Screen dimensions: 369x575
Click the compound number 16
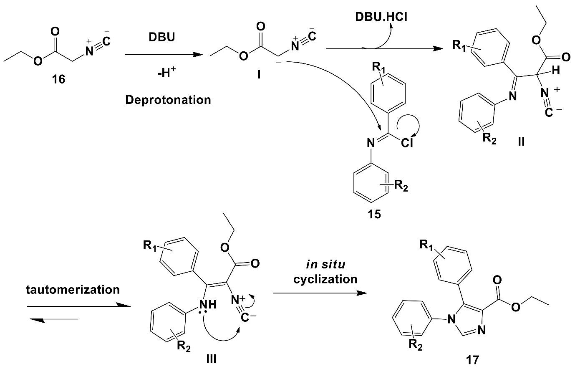point(58,79)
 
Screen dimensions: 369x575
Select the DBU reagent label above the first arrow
point(162,37)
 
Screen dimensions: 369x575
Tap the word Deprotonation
point(168,100)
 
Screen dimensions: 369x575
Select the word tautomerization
point(73,289)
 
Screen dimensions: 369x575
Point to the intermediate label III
point(212,358)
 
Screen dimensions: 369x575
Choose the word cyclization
point(325,279)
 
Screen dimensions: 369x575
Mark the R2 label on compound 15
point(400,186)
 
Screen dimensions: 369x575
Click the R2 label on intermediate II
point(489,139)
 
